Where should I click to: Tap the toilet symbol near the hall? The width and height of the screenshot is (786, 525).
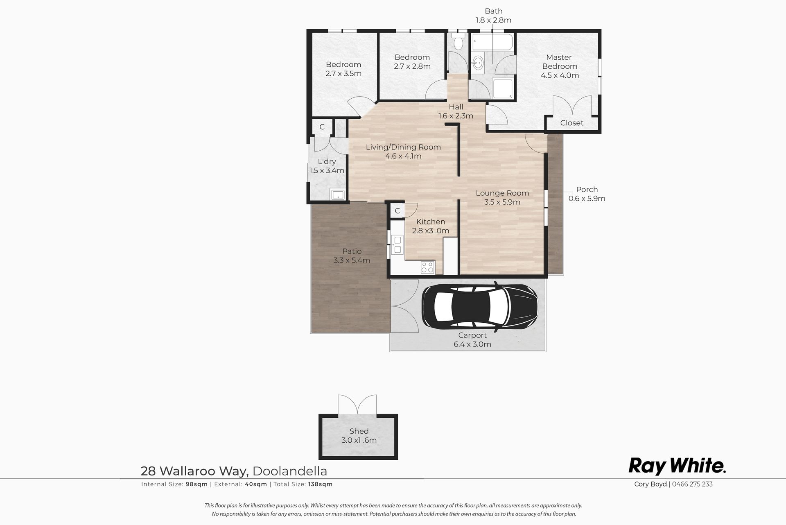(x=458, y=41)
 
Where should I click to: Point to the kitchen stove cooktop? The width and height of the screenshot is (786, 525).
(x=427, y=267)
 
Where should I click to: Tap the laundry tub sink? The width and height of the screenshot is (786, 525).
(x=338, y=195)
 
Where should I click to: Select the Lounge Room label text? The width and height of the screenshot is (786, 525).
(x=502, y=193)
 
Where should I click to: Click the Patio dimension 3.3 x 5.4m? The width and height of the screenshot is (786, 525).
(x=352, y=260)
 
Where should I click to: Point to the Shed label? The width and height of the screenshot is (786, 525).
(x=359, y=431)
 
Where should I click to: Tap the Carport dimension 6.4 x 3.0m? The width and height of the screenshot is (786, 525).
(x=472, y=344)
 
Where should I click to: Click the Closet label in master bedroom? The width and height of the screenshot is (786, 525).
(x=572, y=122)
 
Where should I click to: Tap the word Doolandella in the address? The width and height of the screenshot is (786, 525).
(x=290, y=471)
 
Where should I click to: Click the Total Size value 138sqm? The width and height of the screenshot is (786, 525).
(x=320, y=484)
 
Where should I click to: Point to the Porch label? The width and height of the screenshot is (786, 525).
(x=587, y=189)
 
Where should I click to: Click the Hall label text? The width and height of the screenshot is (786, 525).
(x=456, y=107)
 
